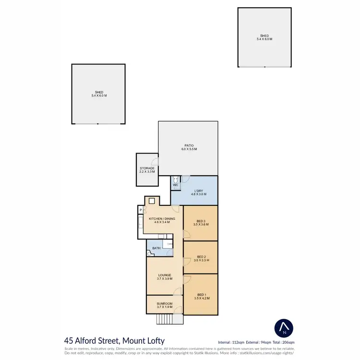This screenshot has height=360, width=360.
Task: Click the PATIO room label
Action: (189, 147)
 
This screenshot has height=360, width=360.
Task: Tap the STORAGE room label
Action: (147, 169)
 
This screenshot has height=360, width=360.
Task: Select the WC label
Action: (175, 184)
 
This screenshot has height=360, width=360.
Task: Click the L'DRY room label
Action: (199, 192)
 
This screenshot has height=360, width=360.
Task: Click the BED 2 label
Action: (200, 258)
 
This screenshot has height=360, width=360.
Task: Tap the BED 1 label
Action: (200, 296)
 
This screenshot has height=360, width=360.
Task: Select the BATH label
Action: (156, 248)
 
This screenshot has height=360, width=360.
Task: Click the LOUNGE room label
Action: (164, 276)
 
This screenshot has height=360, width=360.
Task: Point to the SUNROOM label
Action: (164, 305)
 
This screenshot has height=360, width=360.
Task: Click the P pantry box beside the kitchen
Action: (141, 210)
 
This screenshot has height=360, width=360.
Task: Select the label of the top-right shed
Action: (264, 37)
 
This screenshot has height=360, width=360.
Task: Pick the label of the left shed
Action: (99, 94)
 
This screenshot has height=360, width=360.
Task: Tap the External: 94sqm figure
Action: (259, 342)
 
